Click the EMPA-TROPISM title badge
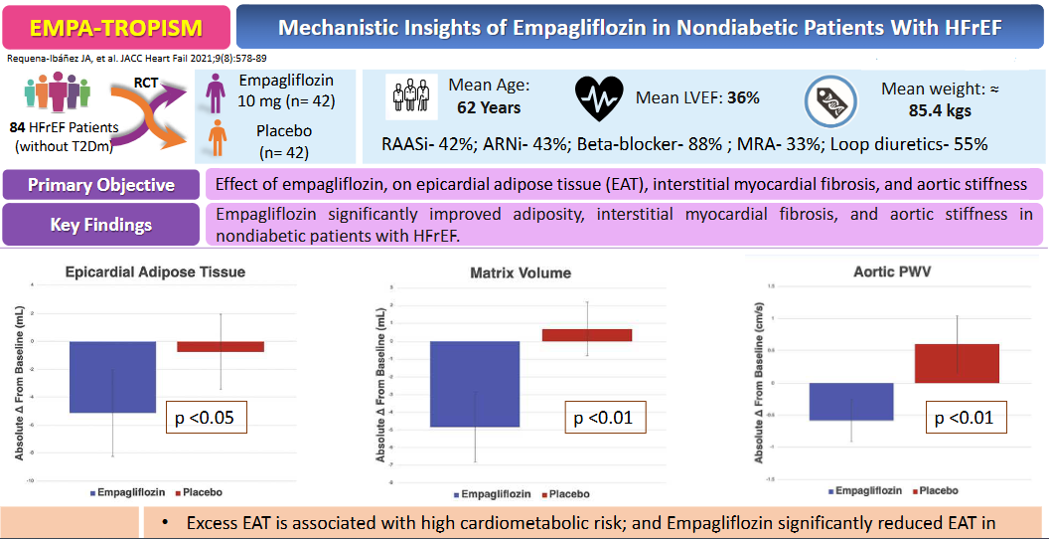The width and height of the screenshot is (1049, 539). point(115,27)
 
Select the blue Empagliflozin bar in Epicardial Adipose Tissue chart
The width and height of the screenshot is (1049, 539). point(111,376)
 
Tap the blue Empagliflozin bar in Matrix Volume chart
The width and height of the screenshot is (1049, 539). point(474,383)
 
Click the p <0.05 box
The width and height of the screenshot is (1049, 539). point(206,417)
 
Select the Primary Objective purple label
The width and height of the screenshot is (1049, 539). point(101,185)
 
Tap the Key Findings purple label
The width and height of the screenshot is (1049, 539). point(101,225)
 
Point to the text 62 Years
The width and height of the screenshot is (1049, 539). point(489,106)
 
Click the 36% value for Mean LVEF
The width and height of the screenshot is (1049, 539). point(742,97)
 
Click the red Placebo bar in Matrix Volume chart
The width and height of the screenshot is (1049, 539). point(586,335)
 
